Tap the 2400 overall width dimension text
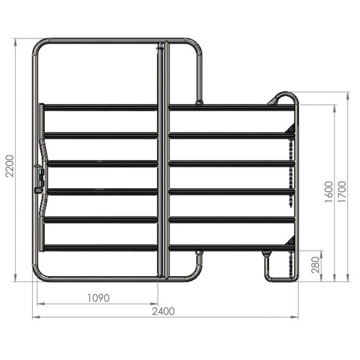(164, 311)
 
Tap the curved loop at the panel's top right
(284, 98)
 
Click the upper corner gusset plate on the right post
(291, 129)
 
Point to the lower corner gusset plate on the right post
(291, 243)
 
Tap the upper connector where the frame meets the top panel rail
(199, 101)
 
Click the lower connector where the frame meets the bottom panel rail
(199, 254)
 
